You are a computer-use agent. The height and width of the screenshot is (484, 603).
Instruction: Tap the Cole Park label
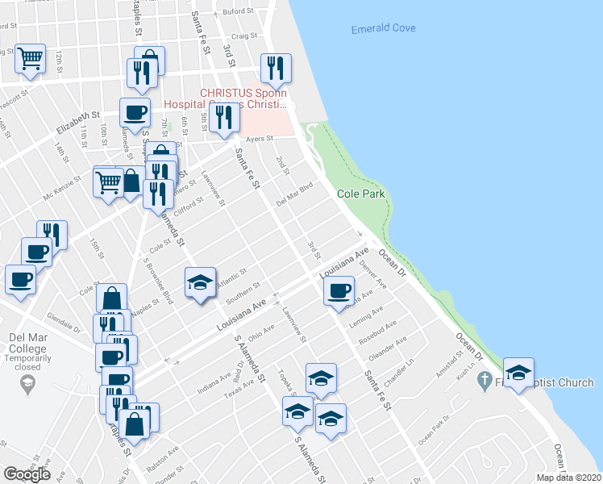(x=360, y=194)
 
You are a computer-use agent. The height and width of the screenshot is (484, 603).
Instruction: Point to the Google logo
(x=27, y=474)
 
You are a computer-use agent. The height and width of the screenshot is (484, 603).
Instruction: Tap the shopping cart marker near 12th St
(x=30, y=58)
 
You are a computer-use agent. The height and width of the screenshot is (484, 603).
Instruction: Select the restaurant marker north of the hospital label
(x=276, y=69)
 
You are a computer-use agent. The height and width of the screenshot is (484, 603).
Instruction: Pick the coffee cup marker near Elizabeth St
(x=135, y=112)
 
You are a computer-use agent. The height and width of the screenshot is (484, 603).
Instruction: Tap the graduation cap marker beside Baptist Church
(x=518, y=372)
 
